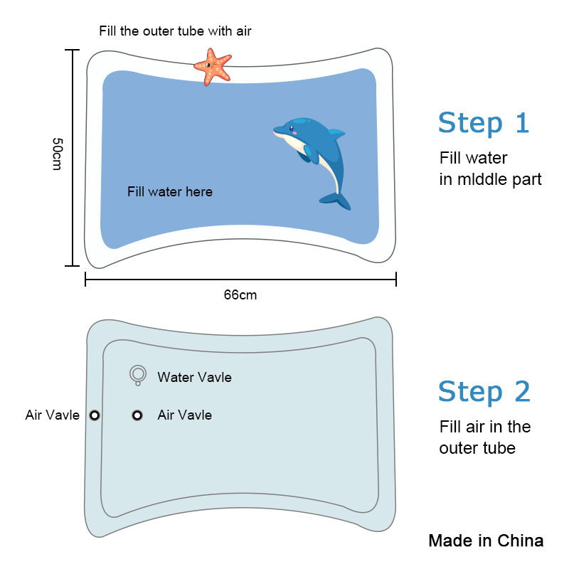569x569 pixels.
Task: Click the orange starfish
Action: pyautogui.click(x=213, y=68)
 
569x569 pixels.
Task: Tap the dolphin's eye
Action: pyautogui.click(x=292, y=128)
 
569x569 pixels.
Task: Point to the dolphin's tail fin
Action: pyautogui.click(x=336, y=201)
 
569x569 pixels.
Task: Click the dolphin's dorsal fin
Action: pyautogui.click(x=336, y=133)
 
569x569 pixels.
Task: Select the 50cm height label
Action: pyautogui.click(x=58, y=154)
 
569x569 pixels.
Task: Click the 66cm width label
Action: pyautogui.click(x=240, y=295)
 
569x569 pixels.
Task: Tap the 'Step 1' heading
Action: pyautogui.click(x=484, y=123)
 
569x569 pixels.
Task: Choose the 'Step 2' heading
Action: pyautogui.click(x=484, y=392)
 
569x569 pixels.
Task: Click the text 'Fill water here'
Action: pyautogui.click(x=170, y=191)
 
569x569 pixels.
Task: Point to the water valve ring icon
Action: pyautogui.click(x=138, y=375)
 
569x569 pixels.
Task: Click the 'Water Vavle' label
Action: pyautogui.click(x=194, y=378)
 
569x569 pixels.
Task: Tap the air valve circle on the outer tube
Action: pyautogui.click(x=95, y=415)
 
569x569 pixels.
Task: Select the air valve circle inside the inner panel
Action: pyautogui.click(x=137, y=415)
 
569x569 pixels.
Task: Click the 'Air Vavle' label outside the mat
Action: pyautogui.click(x=52, y=415)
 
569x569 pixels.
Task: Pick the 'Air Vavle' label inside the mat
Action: pyautogui.click(x=185, y=415)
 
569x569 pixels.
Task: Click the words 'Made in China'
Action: pyautogui.click(x=486, y=541)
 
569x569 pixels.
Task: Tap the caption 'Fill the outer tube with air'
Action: pyautogui.click(x=175, y=31)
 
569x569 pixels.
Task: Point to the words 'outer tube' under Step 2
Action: pyautogui.click(x=477, y=448)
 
